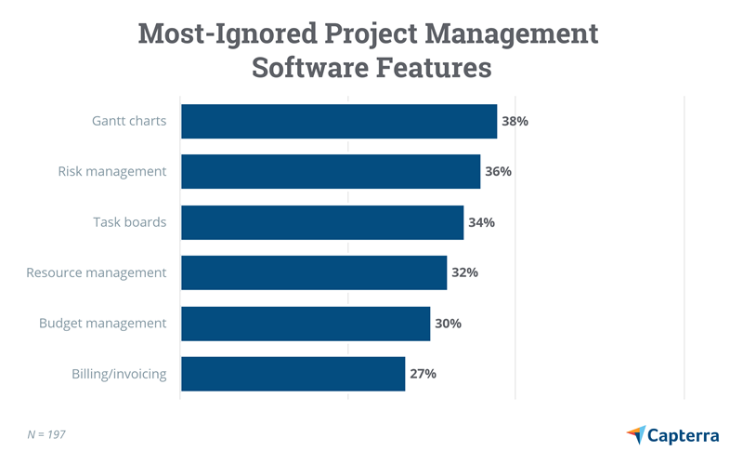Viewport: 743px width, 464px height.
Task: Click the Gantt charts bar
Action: click(339, 121)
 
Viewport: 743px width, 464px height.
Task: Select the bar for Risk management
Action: click(331, 172)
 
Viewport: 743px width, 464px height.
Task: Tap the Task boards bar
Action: click(322, 222)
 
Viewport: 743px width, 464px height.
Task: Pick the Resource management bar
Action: click(314, 272)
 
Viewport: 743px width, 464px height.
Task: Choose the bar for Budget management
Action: click(306, 324)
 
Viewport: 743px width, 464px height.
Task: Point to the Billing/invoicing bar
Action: click(293, 374)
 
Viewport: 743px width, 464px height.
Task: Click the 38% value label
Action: click(515, 121)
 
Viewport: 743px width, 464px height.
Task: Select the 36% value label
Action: click(499, 172)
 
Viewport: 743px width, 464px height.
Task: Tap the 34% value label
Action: click(482, 222)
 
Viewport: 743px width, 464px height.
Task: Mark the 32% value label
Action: click(465, 272)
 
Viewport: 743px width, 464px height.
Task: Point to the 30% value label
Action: click(449, 324)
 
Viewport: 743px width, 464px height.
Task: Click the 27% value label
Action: click(424, 374)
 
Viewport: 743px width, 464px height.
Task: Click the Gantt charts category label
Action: click(129, 121)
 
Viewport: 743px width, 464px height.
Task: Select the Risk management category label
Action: click(112, 172)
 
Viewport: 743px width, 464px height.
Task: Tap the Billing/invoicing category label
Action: click(119, 374)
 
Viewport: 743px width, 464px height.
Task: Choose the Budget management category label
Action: click(103, 324)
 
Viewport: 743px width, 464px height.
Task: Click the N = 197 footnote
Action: click(46, 434)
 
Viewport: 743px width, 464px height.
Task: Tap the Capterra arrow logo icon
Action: click(636, 434)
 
